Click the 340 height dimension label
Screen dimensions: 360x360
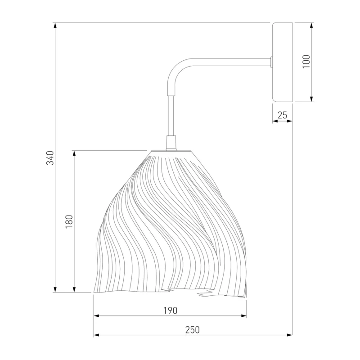tap(50, 158)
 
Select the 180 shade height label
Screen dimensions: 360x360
tap(69, 221)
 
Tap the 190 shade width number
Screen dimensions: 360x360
tap(171, 310)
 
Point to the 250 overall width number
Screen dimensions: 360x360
tap(193, 330)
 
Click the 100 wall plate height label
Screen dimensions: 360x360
tap(306, 61)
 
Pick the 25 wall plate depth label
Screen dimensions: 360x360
tap(282, 115)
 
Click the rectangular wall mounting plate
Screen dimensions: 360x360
tap(282, 62)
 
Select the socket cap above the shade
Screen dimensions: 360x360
tap(171, 143)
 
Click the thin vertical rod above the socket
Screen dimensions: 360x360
tap(171, 116)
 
